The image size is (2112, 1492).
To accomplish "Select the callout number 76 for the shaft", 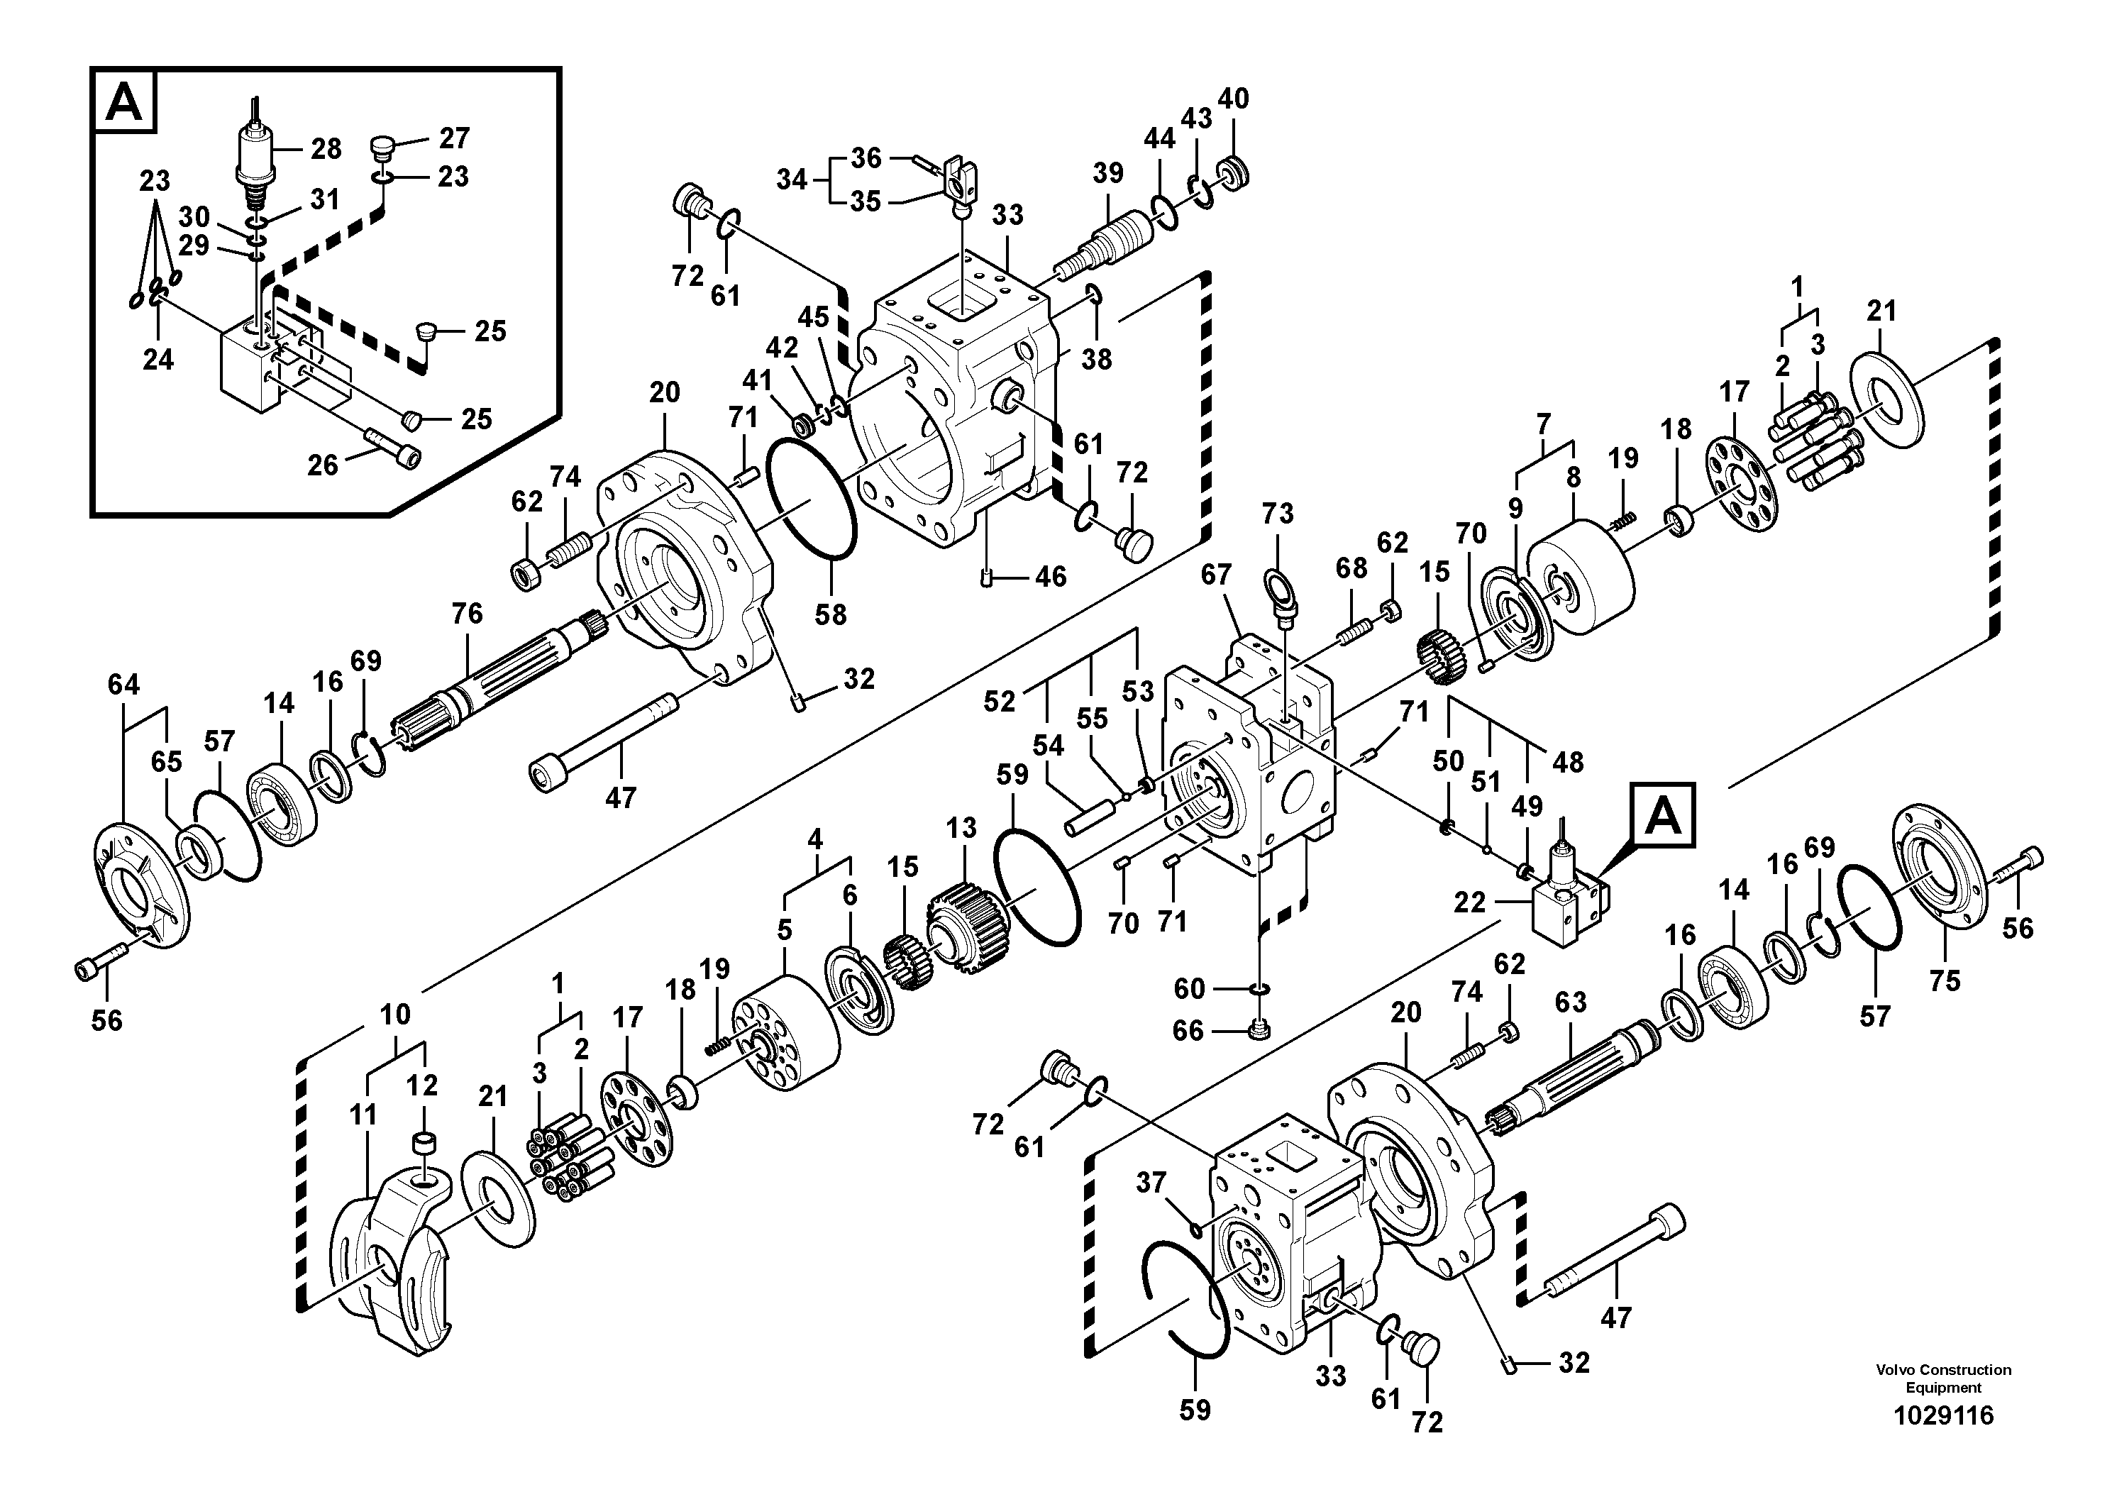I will click(468, 614).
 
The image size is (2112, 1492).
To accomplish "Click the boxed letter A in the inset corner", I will click(125, 102).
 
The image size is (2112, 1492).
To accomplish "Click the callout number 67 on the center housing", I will click(1216, 575).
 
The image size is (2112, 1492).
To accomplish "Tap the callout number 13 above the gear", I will click(961, 828).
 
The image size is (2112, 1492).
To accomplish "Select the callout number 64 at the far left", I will click(123, 685).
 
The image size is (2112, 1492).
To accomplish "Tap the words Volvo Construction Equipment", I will click(1942, 1378).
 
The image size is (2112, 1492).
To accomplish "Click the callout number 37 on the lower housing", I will click(1151, 1182).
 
